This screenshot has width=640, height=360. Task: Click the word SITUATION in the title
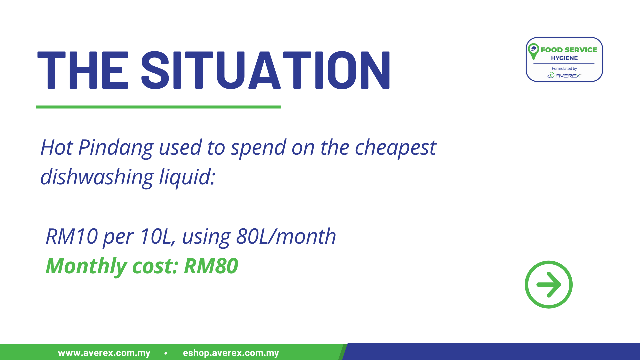coord(266,70)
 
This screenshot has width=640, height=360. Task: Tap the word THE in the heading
coord(83,70)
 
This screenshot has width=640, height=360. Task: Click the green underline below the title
coord(158,107)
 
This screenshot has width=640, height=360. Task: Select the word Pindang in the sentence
coord(116,148)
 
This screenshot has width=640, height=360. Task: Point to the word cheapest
coord(395,148)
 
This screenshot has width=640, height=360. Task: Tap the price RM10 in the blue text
coord(72,236)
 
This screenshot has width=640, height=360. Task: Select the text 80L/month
coord(286,236)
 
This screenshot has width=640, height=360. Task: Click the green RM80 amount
coord(211,266)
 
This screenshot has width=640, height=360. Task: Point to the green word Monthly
coord(86,267)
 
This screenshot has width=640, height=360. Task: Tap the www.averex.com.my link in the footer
coord(104,353)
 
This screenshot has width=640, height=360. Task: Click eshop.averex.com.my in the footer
coord(231,353)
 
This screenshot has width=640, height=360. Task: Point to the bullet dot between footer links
coord(166,353)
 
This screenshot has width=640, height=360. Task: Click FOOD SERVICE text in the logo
coord(569,50)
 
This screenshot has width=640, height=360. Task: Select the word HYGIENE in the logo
coord(564,58)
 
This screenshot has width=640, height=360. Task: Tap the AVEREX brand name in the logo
coord(568,76)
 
